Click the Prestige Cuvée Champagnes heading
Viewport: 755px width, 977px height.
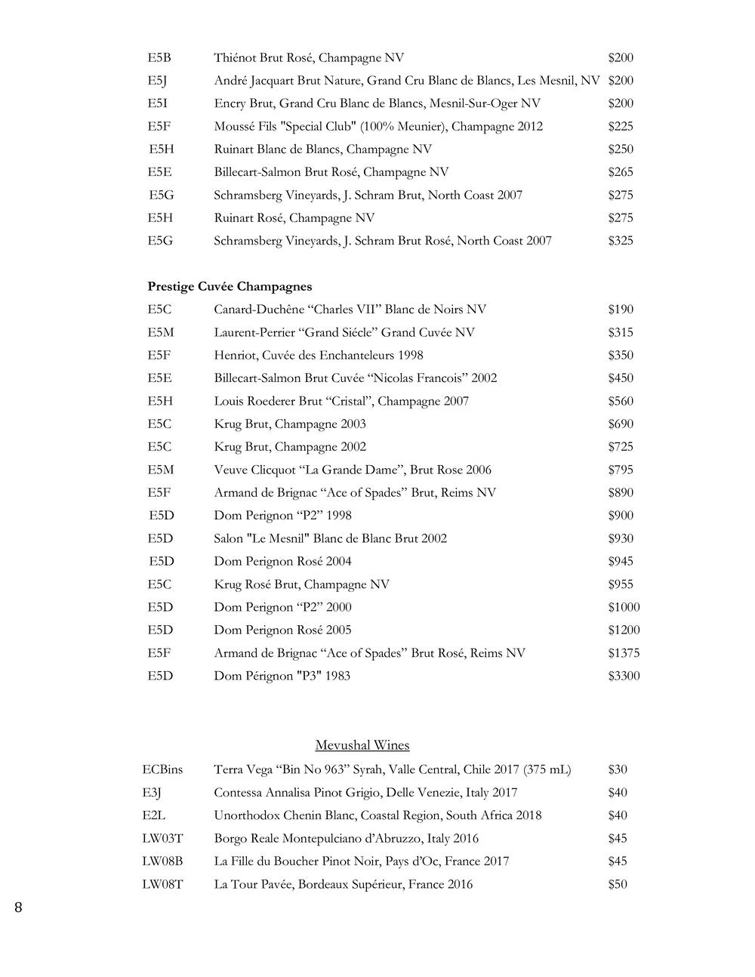pos(230,287)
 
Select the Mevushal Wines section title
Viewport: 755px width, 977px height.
pos(362,746)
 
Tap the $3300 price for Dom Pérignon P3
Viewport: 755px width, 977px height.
pos(624,676)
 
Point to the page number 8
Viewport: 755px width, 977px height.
pos(18,908)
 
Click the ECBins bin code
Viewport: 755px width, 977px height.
pos(162,769)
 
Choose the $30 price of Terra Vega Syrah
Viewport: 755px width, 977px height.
pos(618,769)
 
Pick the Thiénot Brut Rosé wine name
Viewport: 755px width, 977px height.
pos(309,58)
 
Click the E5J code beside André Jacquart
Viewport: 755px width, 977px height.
pos(157,81)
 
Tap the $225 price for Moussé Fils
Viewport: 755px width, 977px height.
pos(621,126)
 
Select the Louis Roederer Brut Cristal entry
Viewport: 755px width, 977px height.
pos(341,401)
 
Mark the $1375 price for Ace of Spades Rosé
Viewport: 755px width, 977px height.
pos(624,653)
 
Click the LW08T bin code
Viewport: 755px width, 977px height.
pos(162,884)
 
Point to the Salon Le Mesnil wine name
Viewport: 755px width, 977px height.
pos(330,538)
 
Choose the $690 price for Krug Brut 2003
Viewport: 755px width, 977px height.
pos(621,424)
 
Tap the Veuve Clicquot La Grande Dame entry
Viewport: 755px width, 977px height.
pos(353,470)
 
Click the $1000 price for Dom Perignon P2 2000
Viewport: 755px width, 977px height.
pos(624,607)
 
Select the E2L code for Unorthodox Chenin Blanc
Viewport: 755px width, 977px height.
pos(153,815)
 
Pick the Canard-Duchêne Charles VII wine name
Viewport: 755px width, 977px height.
pos(350,310)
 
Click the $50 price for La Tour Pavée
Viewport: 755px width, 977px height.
pos(618,884)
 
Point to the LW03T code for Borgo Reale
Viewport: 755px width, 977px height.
pos(162,838)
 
